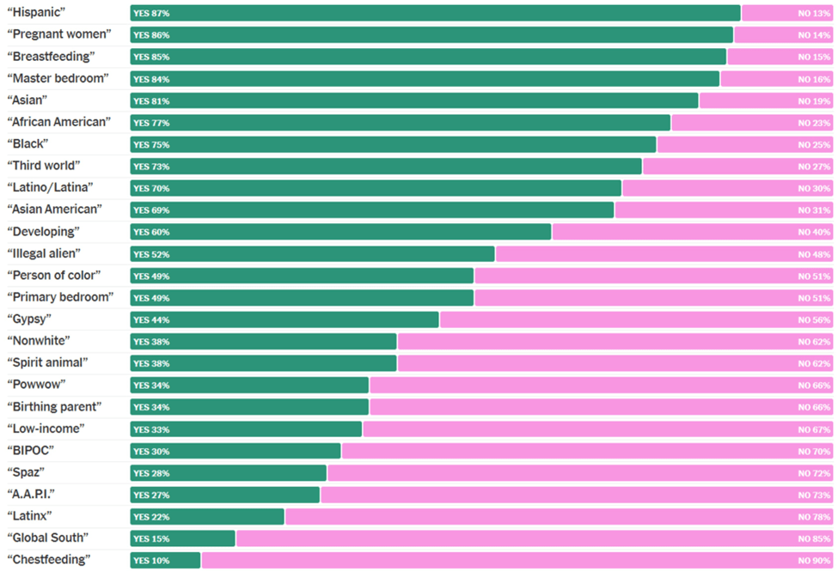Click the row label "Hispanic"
pyautogui.click(x=38, y=13)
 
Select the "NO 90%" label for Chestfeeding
pyautogui.click(x=814, y=560)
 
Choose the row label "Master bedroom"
pyautogui.click(x=58, y=78)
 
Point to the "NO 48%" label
pyautogui.click(x=814, y=254)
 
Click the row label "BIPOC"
pyautogui.click(x=31, y=451)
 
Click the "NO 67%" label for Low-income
pyautogui.click(x=814, y=429)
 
